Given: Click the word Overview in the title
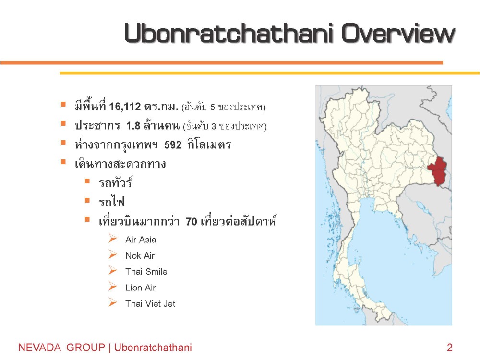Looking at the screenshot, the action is tap(398, 33).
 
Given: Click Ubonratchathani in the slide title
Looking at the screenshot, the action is tap(228, 33).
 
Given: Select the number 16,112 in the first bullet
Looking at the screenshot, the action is tap(125, 107).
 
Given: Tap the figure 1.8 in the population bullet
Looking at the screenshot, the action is tap(133, 126).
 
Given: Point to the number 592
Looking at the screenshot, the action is tap(173, 145).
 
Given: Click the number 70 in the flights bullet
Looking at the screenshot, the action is tap(192, 221).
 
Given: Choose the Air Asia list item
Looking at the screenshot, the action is tap(141, 240).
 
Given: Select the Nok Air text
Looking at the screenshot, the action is tap(140, 256).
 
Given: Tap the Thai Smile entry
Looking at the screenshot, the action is tap(146, 272).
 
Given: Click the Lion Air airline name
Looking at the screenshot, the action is tap(141, 288).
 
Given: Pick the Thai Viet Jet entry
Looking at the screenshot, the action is tap(150, 304).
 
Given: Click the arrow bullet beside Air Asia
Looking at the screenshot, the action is tap(113, 238).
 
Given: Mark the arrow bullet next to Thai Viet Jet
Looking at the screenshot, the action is tap(113, 302).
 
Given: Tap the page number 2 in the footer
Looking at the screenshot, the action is tap(450, 348).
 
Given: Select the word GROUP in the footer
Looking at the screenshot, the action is tap(86, 348).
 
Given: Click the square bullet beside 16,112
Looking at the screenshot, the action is tap(63, 104).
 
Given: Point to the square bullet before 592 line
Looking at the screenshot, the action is tap(63, 143).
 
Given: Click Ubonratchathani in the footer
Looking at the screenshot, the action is tap(153, 348).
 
